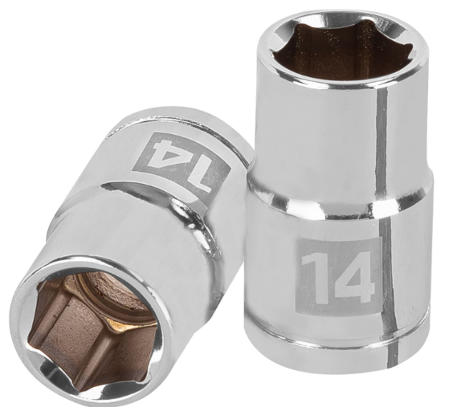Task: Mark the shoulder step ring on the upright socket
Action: (x=338, y=206)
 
